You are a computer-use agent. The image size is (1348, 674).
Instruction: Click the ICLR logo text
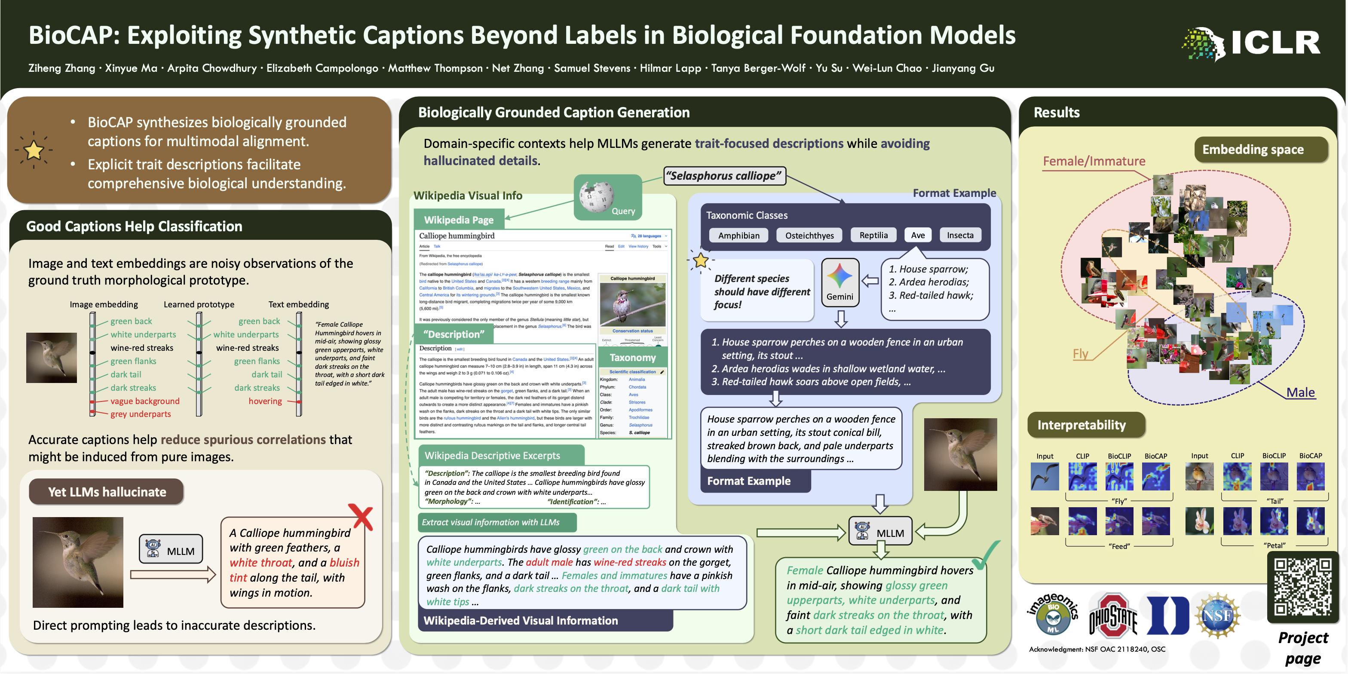click(1275, 43)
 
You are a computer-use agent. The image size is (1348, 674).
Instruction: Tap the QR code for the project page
click(1302, 586)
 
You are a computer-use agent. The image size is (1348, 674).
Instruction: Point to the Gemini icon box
click(840, 282)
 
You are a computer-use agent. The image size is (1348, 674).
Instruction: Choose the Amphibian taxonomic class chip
click(738, 236)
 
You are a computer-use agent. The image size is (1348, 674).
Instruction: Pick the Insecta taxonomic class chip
click(960, 236)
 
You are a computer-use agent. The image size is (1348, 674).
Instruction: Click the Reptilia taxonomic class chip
click(873, 236)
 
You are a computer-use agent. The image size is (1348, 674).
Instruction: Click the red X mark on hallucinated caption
click(363, 517)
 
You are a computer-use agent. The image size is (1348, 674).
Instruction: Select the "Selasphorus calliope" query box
click(725, 176)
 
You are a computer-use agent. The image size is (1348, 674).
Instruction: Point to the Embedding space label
click(1253, 150)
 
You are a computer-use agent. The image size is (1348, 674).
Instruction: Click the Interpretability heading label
click(1081, 425)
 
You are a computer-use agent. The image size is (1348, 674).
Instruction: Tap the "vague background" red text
click(144, 401)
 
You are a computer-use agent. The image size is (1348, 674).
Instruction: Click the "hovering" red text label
click(265, 401)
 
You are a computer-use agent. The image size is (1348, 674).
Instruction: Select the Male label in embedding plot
click(1300, 392)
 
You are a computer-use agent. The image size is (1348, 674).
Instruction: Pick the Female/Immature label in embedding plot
click(1094, 161)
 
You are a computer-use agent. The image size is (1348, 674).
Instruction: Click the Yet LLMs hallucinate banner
click(107, 492)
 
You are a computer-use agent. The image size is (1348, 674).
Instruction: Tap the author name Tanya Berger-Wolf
click(758, 68)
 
